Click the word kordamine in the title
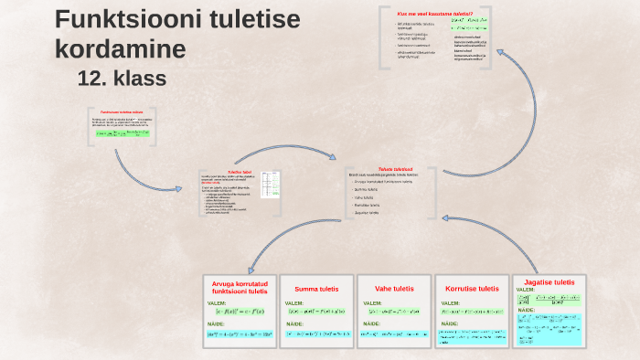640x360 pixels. click(x=120, y=48)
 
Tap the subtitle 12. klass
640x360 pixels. click(x=123, y=79)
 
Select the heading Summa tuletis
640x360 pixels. click(x=315, y=289)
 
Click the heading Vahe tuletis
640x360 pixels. click(x=394, y=289)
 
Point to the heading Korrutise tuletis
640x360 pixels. click(x=472, y=289)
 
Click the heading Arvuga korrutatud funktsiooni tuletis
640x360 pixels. click(x=240, y=288)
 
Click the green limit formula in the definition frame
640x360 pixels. click(x=125, y=133)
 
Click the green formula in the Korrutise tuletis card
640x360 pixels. click(x=472, y=312)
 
